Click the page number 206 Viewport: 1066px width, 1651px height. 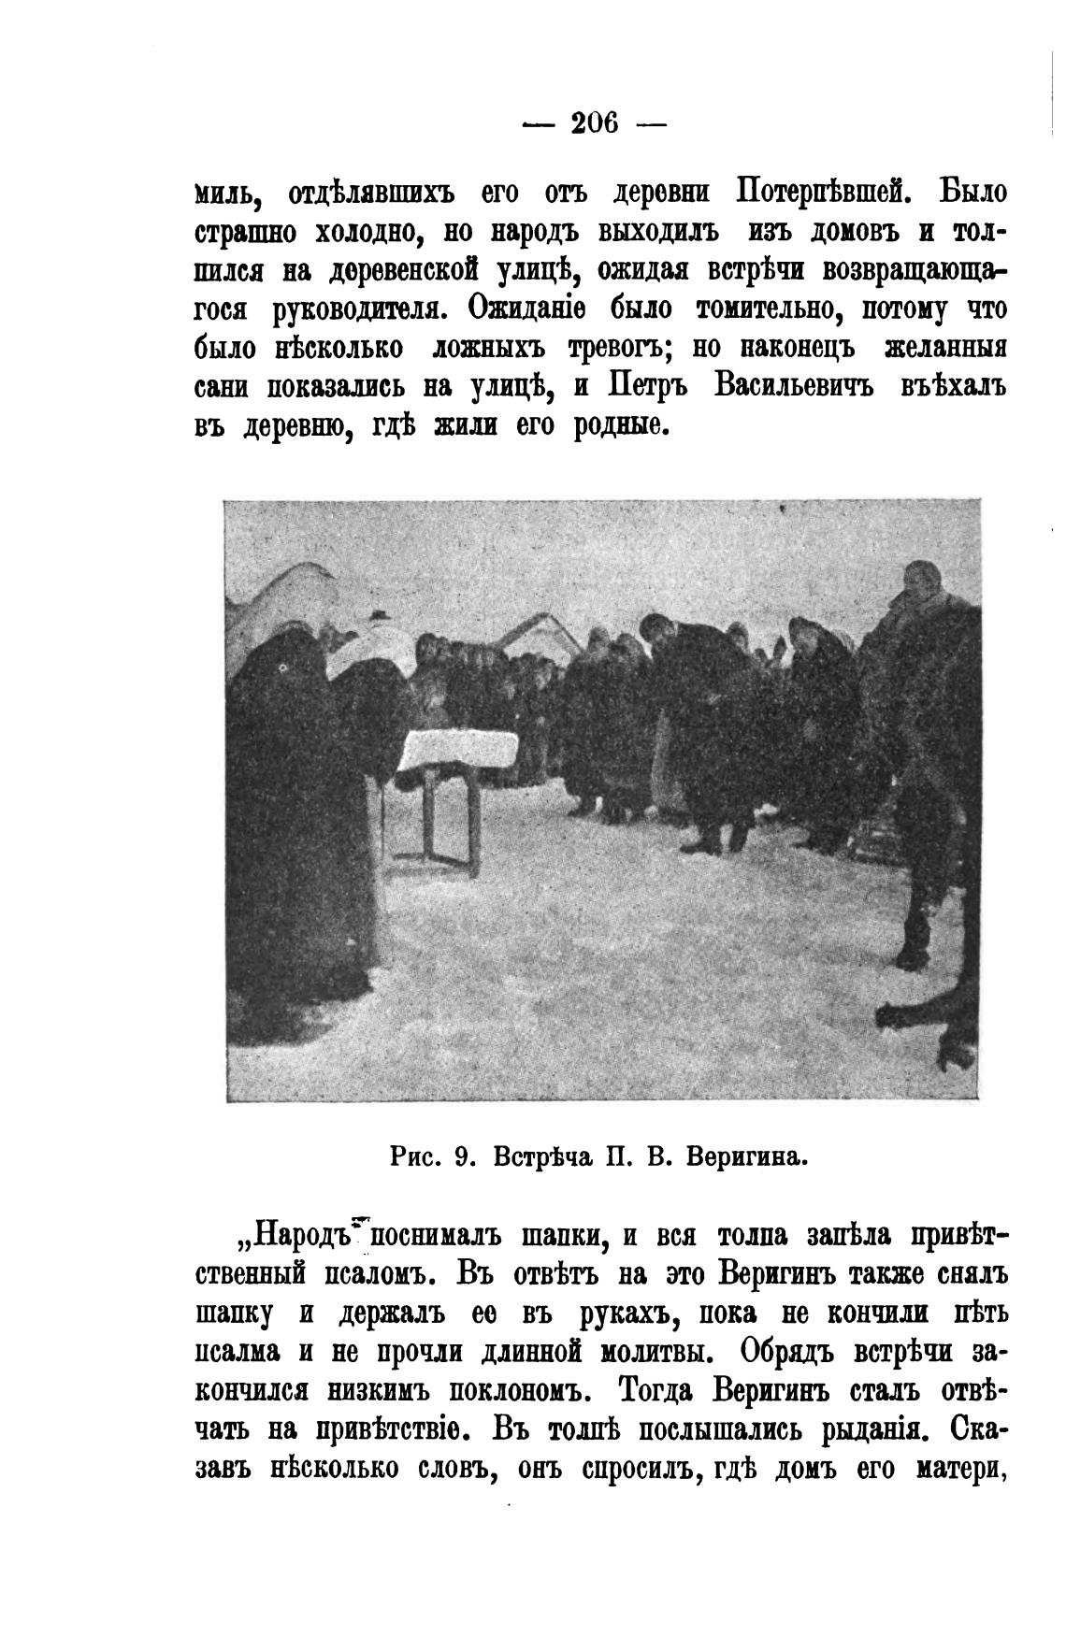point(595,122)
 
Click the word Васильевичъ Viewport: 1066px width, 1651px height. point(793,386)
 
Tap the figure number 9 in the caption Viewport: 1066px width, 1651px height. point(459,1157)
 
